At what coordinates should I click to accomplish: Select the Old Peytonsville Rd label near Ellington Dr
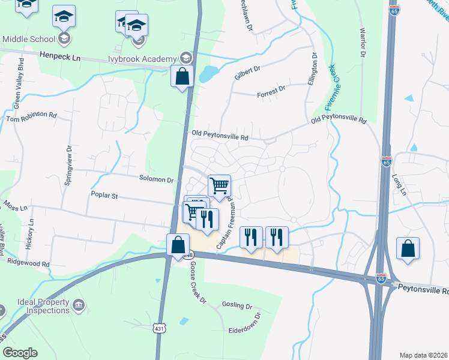click(x=338, y=121)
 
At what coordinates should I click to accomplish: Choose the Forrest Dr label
click(x=270, y=89)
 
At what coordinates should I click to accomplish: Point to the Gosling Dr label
click(x=237, y=305)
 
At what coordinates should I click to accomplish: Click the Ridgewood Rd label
click(x=28, y=263)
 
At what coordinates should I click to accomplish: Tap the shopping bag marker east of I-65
click(x=408, y=249)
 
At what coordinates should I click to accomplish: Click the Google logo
click(x=20, y=353)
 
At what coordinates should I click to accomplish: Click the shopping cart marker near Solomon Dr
click(x=220, y=185)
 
